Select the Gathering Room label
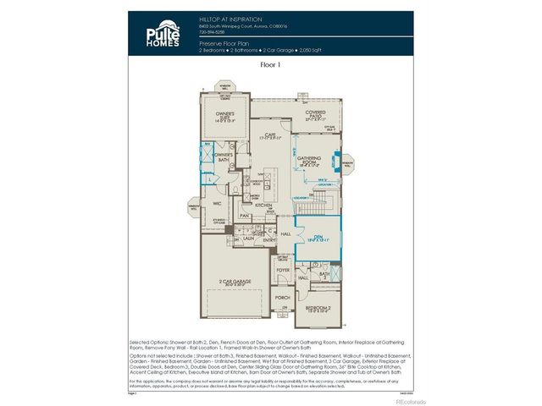click(314, 158)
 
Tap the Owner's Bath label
click(224, 156)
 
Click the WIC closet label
click(217, 203)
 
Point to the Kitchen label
click(263, 206)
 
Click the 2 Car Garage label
click(235, 280)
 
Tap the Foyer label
click(283, 272)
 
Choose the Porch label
click(283, 298)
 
